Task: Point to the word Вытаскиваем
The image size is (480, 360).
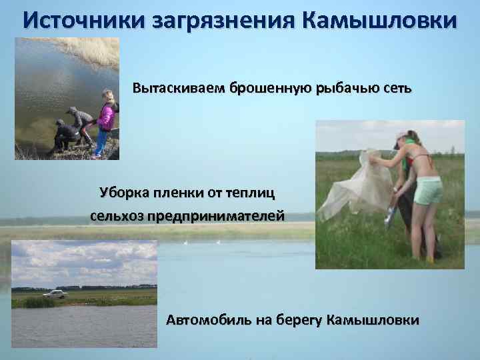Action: coord(179,89)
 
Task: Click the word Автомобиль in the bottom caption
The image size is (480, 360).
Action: coord(213,320)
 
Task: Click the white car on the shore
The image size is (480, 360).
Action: coord(54,293)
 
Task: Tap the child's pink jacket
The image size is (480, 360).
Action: coord(106,116)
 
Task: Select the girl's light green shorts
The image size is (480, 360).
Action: coord(427,191)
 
